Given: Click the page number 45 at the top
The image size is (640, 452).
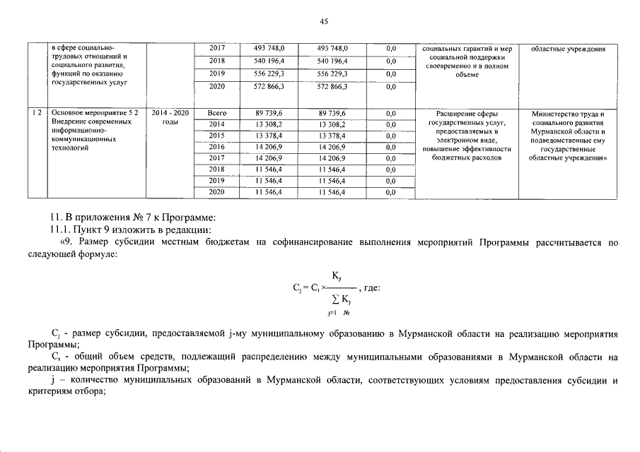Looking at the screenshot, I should click(x=324, y=22).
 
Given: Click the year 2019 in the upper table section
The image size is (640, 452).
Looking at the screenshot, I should click(x=217, y=73).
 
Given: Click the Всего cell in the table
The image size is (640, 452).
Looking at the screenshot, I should click(x=217, y=113).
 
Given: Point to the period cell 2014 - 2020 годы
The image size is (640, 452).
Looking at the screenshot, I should click(x=170, y=117).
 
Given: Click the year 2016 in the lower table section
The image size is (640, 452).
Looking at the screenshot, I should click(x=217, y=147).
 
